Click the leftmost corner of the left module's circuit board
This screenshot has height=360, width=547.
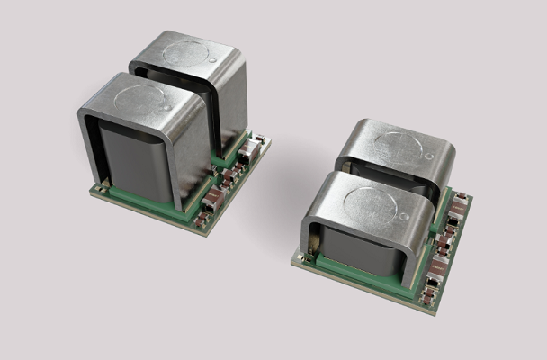[x=90, y=189]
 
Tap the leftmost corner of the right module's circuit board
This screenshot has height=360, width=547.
[x=291, y=260]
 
